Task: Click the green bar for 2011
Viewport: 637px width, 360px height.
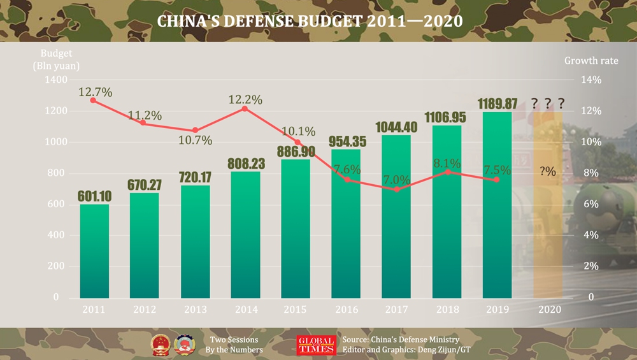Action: pos(94,251)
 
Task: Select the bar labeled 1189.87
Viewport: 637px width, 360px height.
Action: pos(497,205)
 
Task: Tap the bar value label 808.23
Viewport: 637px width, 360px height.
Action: pos(246,163)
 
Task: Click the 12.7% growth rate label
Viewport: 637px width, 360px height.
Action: pos(96,92)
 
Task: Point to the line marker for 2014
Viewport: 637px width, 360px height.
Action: pos(246,108)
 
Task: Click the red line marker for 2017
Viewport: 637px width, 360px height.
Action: pos(397,189)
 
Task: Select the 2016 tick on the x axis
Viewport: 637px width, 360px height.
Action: pos(346,310)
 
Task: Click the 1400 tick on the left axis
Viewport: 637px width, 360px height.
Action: pos(55,80)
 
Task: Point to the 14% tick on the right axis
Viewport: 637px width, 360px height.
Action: pos(590,80)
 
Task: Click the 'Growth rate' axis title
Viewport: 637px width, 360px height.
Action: pos(590,61)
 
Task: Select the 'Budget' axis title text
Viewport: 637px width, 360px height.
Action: pos(57,53)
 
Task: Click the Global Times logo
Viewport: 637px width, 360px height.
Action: pos(316,345)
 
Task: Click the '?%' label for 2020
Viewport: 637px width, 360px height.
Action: pos(547,171)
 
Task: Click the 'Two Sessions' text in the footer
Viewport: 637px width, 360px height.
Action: pos(234,340)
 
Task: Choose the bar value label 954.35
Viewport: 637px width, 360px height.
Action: pos(346,140)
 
